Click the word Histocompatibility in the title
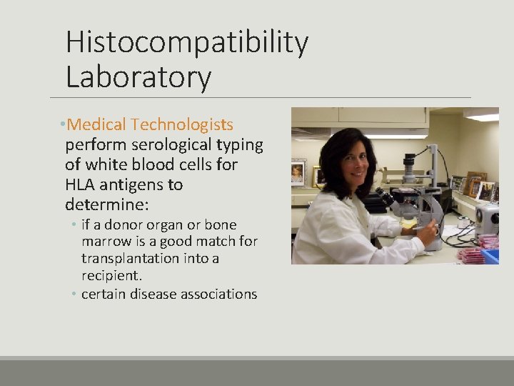(x=187, y=44)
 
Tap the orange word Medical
(x=97, y=125)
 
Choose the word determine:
(x=107, y=205)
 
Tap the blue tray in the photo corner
(x=490, y=255)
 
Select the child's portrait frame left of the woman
(x=298, y=173)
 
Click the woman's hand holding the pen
(x=428, y=232)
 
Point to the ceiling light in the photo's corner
(x=483, y=115)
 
